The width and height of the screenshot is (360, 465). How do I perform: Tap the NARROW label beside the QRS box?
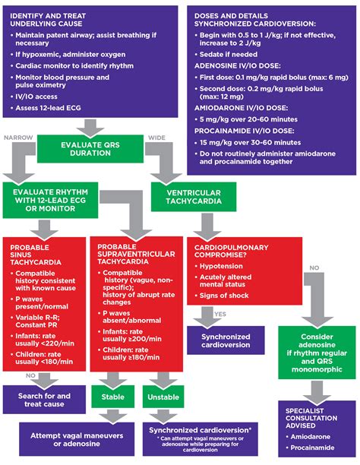click(x=18, y=138)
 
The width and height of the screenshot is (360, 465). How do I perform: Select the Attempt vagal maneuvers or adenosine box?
click(x=71, y=438)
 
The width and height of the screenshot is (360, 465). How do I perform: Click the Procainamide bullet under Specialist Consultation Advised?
click(x=313, y=449)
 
